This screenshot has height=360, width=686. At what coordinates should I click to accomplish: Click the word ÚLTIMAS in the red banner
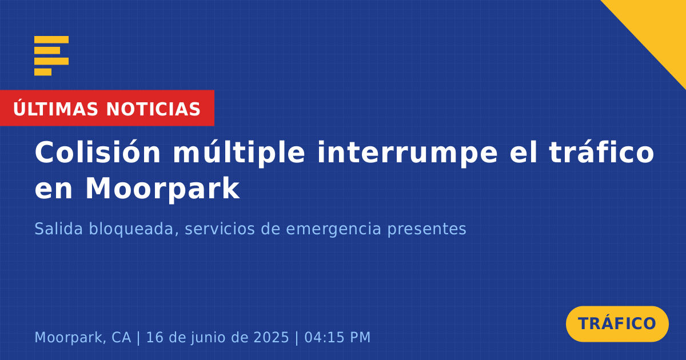point(55,108)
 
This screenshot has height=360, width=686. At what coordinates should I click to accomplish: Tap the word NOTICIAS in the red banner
point(153,109)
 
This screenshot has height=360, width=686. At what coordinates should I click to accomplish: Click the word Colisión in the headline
point(97,152)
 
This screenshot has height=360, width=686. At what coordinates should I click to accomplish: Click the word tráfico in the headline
point(601,152)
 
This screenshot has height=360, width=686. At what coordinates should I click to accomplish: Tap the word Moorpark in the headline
point(162,189)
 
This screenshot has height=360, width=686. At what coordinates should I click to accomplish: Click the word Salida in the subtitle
point(58,229)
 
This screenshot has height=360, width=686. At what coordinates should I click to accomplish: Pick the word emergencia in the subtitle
point(333,230)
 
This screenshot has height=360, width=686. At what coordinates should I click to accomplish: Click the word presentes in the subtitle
point(427,230)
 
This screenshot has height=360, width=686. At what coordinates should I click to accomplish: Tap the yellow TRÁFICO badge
point(617,324)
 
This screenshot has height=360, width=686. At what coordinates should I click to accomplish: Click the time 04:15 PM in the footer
point(337,337)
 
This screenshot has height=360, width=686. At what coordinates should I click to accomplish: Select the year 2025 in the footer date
point(272,337)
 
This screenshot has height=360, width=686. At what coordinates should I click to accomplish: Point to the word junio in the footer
point(209,338)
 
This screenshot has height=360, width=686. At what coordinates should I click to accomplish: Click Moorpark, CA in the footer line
point(83,337)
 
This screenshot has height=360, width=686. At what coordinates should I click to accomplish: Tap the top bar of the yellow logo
point(51,39)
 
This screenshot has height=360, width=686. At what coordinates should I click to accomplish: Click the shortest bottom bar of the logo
point(43,72)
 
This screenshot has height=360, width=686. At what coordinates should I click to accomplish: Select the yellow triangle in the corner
point(659,27)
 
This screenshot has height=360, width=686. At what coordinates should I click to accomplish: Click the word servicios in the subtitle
point(220,229)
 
